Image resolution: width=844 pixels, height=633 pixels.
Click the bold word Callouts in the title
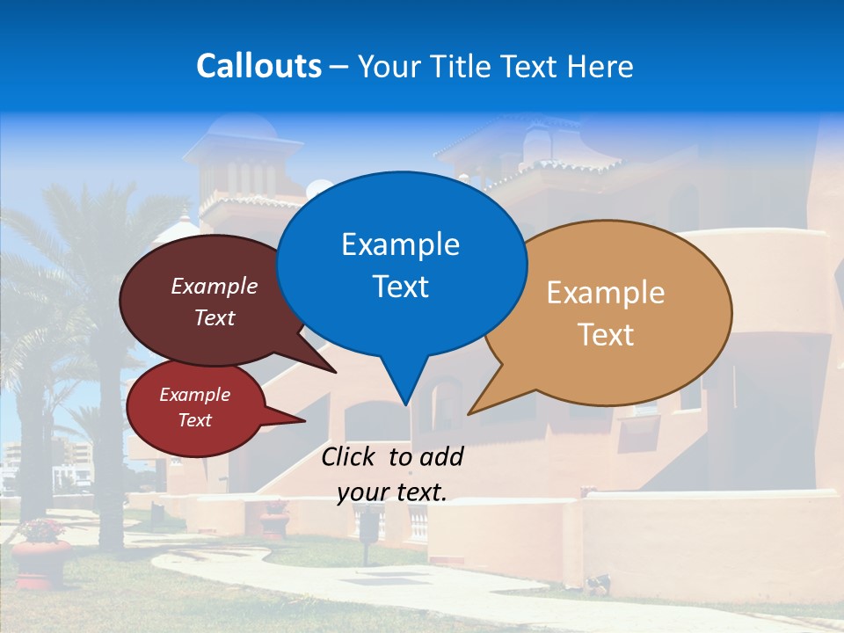pos(258,66)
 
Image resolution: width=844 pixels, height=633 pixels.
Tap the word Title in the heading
pos(463,66)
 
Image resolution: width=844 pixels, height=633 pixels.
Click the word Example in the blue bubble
pos(400,244)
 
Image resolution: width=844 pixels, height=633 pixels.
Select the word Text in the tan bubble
pos(606,335)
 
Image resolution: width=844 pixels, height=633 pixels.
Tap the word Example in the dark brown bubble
pos(215,287)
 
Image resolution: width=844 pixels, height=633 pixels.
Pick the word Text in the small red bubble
pos(195,420)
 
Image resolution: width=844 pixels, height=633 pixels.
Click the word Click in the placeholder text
pos(349,457)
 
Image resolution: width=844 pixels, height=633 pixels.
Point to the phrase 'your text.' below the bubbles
pos(392,493)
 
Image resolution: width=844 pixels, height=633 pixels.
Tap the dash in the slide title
pos(340,66)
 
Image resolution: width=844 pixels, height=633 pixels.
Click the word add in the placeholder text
pos(440,457)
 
